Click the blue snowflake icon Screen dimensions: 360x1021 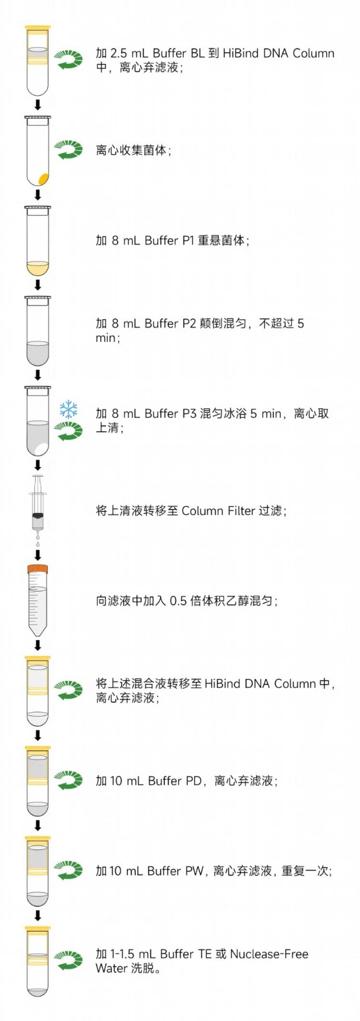68,409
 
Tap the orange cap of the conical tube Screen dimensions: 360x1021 38,569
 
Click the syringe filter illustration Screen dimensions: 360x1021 38,503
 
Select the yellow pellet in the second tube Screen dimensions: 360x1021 43,178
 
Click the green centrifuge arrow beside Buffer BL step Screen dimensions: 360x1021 68,60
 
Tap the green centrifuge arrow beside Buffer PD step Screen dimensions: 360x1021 68,780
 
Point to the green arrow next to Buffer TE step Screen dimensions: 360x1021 68,961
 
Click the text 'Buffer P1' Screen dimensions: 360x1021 169,240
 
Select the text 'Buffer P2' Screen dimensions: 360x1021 170,323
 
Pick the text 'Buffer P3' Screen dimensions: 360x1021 170,414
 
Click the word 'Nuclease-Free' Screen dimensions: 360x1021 269,953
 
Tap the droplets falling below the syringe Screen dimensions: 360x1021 38,540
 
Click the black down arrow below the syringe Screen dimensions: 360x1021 38,555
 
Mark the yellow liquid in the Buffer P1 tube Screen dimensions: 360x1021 38,267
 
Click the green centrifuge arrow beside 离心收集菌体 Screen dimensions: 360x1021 68,150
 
